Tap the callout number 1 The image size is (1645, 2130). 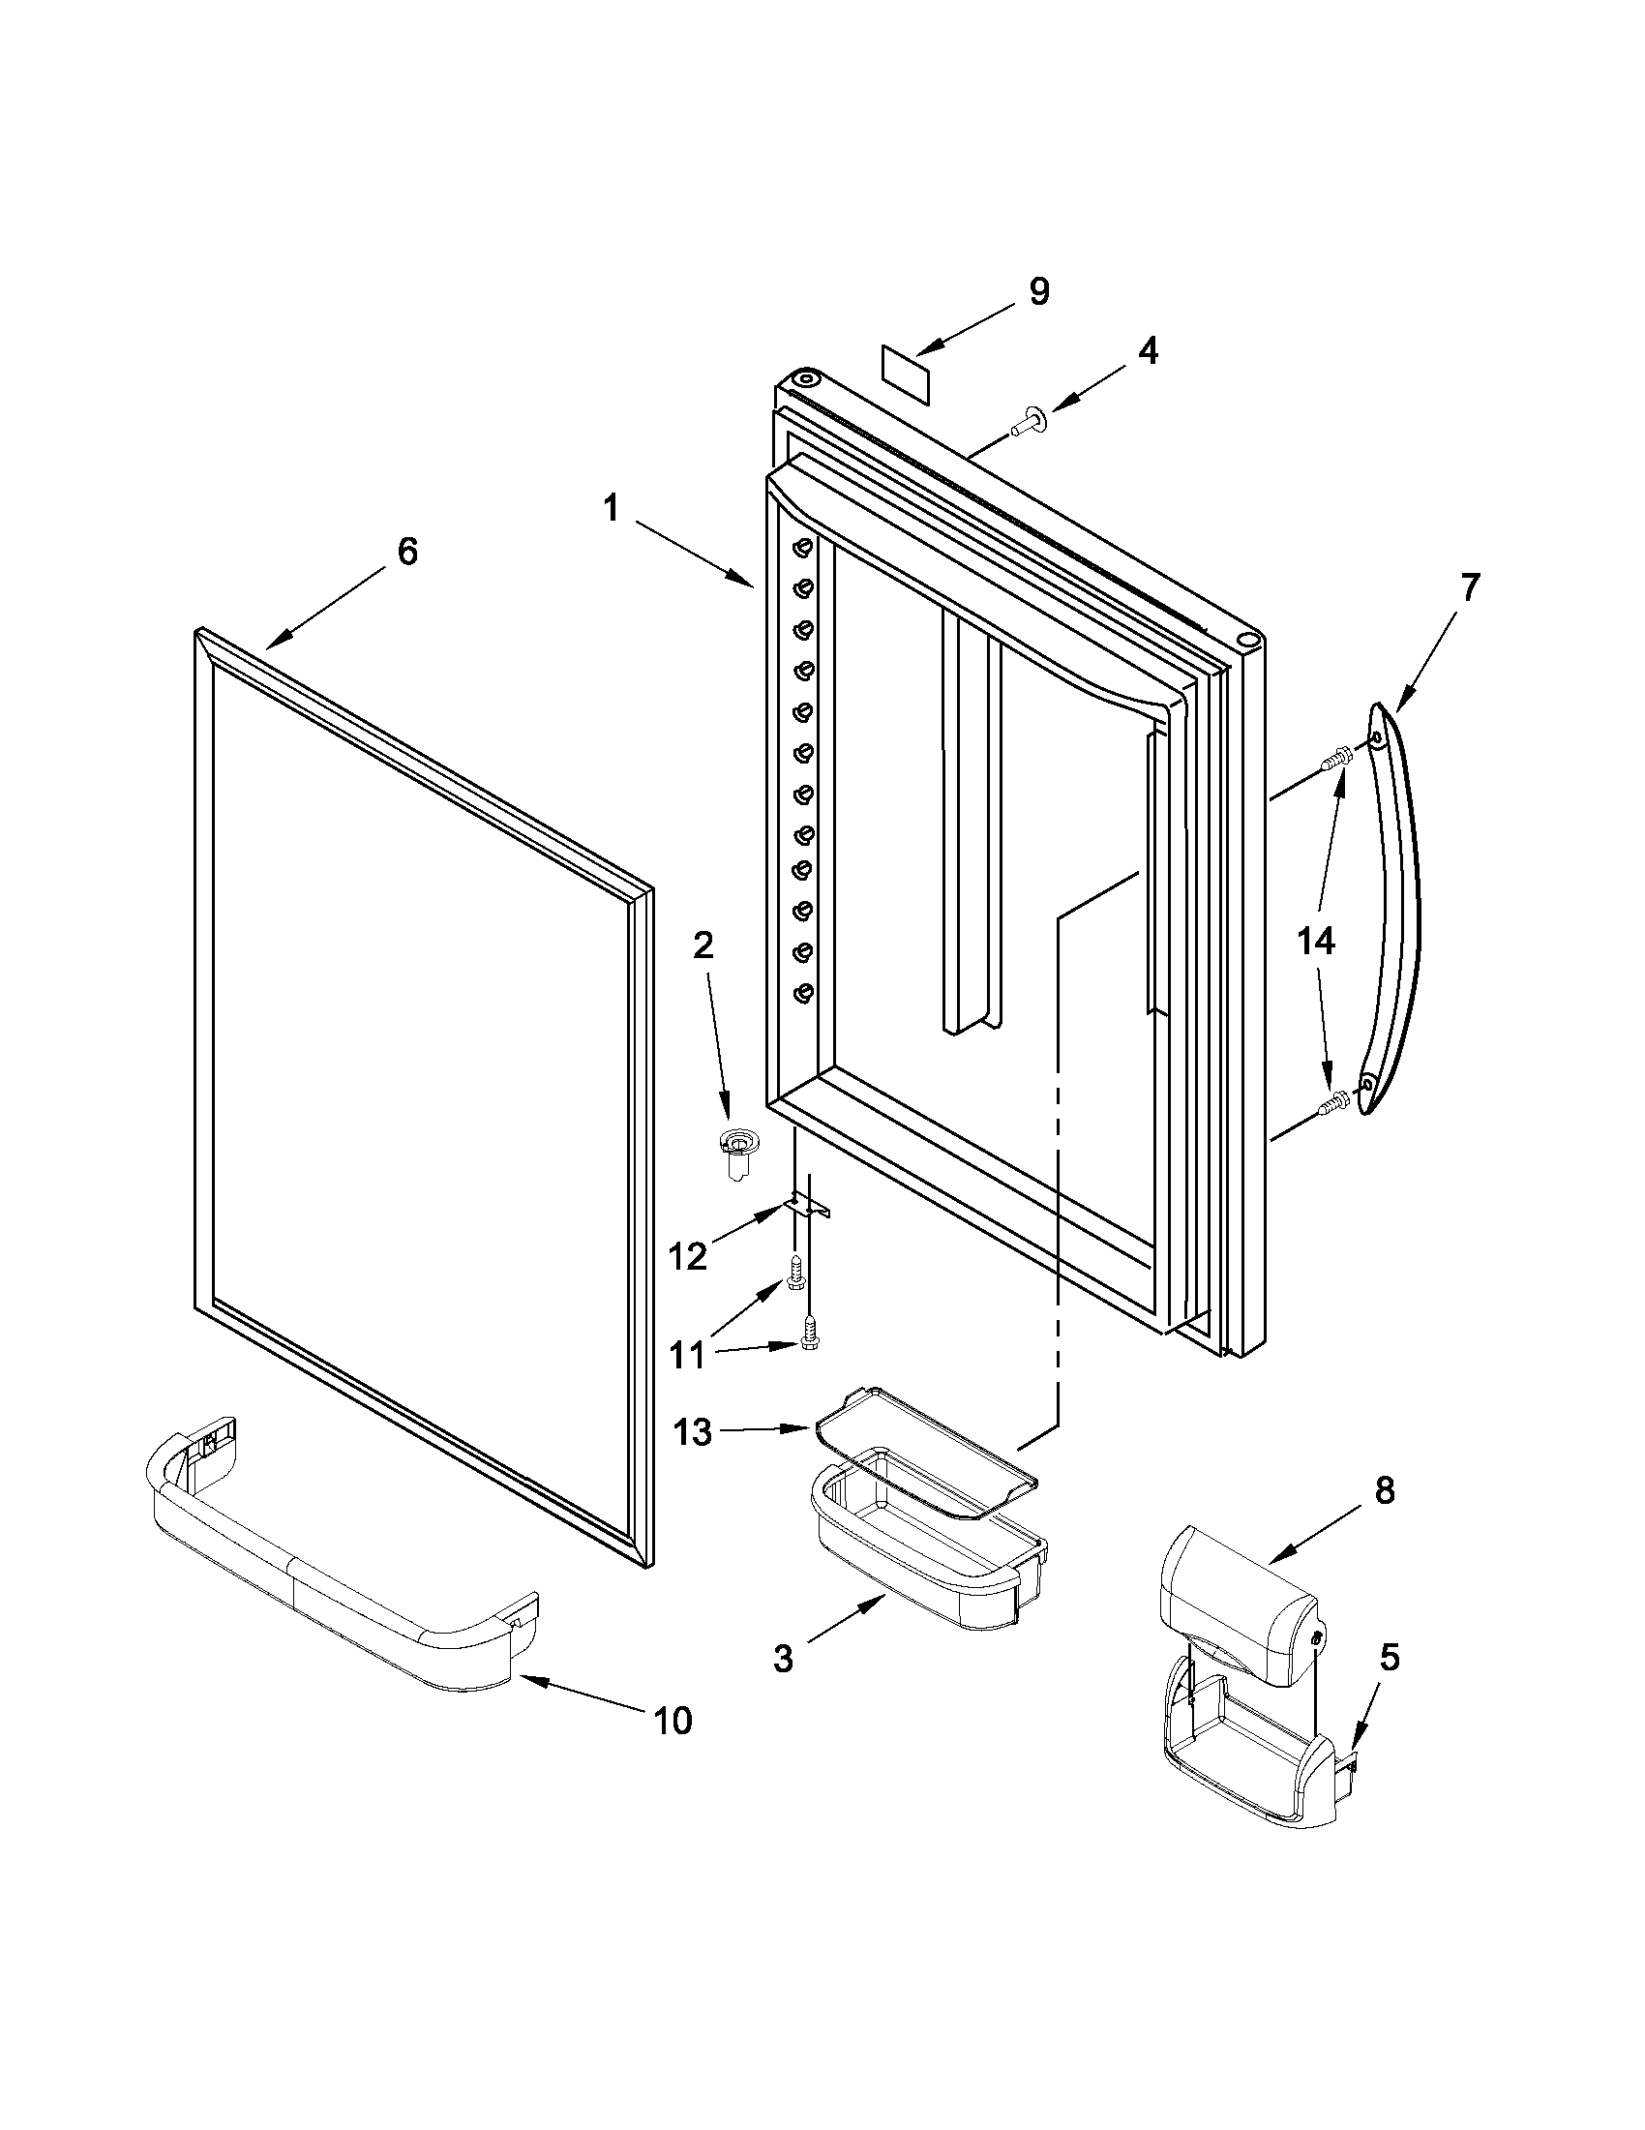tap(612, 507)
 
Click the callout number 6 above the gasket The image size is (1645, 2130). tap(407, 551)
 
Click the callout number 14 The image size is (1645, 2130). tap(1316, 942)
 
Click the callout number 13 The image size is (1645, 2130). tap(692, 1432)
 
